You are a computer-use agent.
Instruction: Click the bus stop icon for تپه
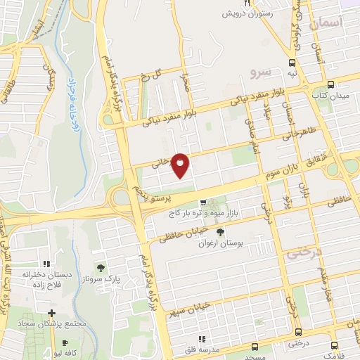tap(292, 62)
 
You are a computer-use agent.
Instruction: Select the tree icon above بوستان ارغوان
tap(221, 232)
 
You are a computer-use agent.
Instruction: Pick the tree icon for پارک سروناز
tap(101, 267)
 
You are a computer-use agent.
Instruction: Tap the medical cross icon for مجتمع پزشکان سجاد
tap(51, 312)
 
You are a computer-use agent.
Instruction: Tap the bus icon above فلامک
tap(333, 345)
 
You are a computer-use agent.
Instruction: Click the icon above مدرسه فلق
tap(202, 339)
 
